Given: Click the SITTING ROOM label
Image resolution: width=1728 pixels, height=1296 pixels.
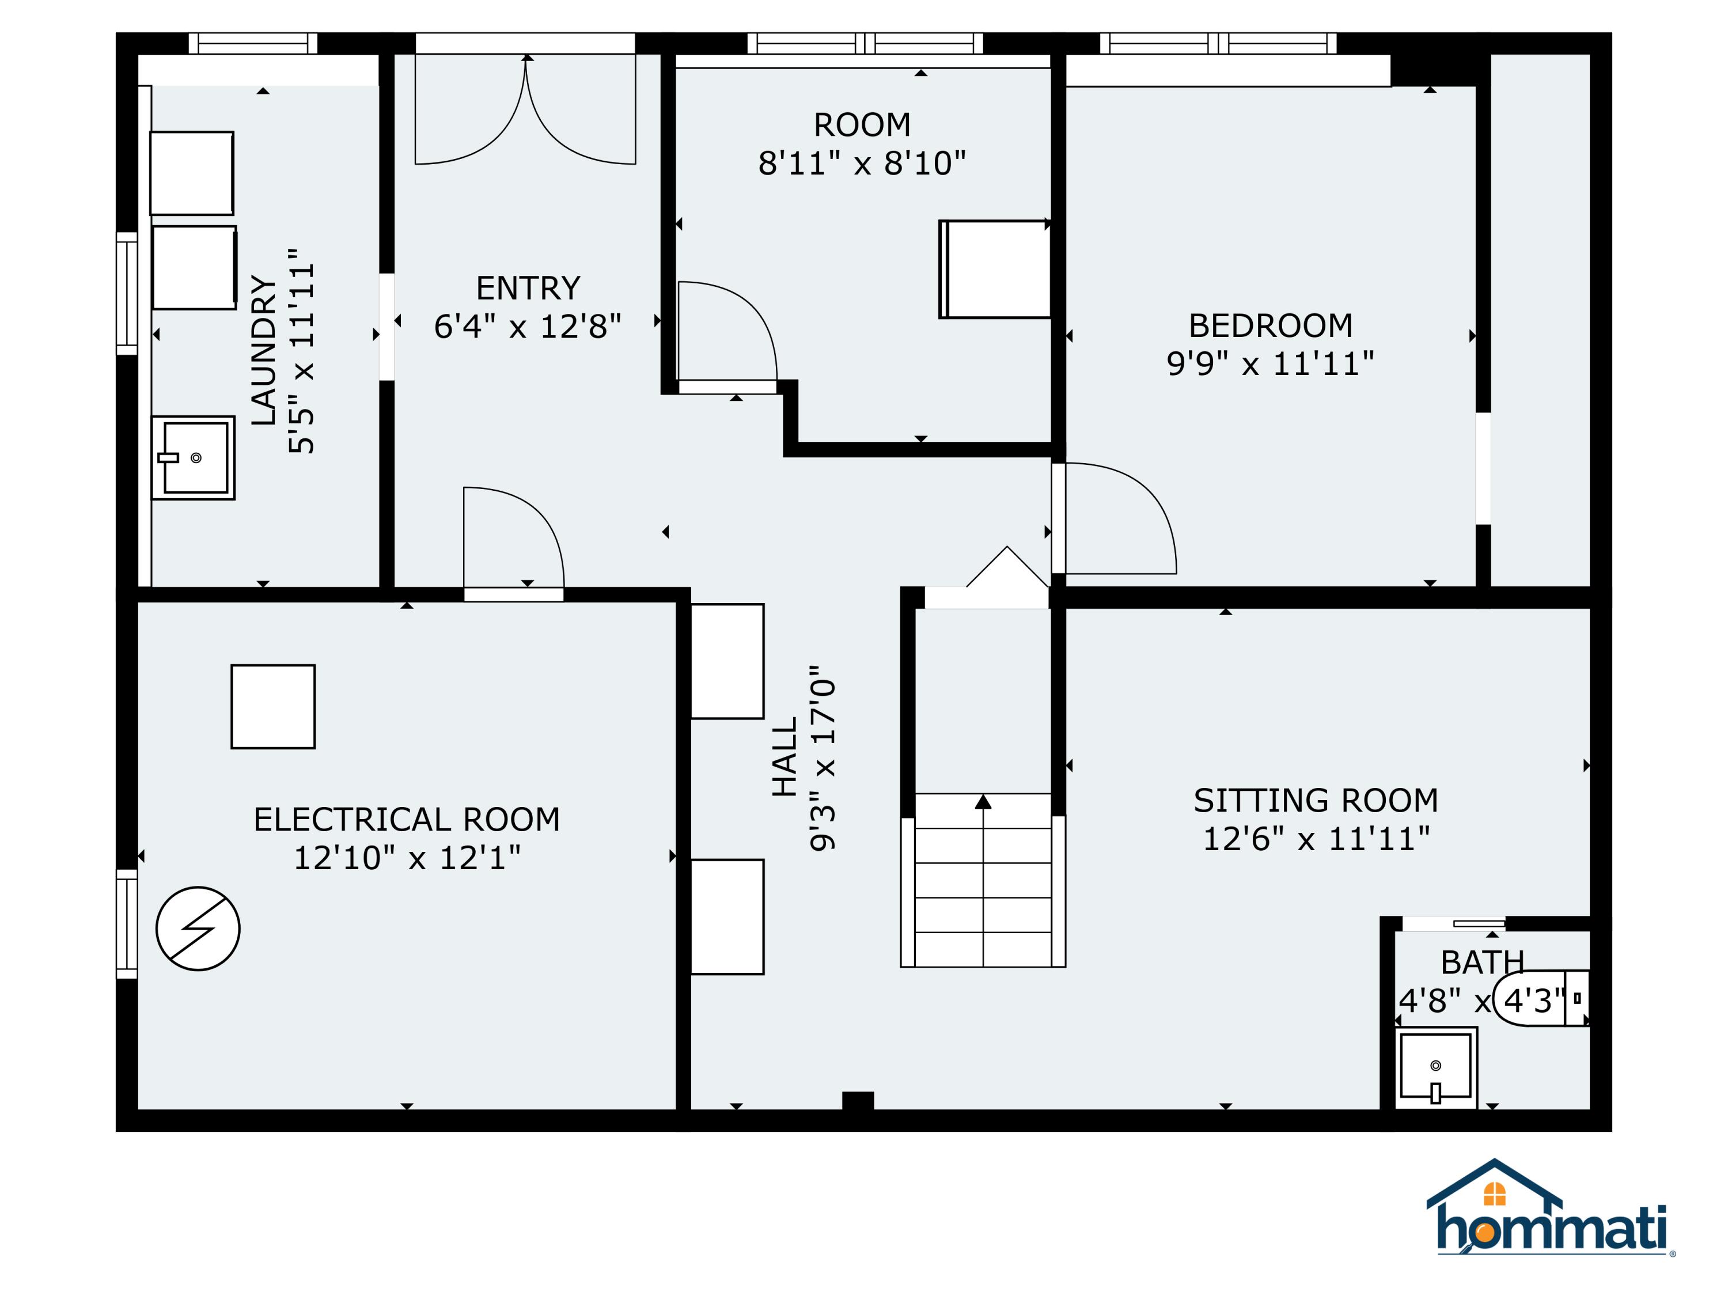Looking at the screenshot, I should tap(1316, 801).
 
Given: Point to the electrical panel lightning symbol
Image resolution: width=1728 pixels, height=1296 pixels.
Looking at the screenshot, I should tap(198, 928).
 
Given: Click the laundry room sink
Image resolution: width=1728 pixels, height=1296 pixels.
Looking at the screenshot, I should tap(194, 457).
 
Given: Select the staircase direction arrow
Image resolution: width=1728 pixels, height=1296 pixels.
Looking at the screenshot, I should tap(983, 802).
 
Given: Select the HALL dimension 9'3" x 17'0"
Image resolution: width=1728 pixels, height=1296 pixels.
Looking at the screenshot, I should tap(823, 759).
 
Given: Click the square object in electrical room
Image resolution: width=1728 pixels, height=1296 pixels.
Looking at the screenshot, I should tap(272, 706).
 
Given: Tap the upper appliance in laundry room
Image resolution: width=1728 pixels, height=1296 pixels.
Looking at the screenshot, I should tap(191, 173).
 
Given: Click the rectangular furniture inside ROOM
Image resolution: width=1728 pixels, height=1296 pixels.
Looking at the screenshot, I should tap(994, 269).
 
